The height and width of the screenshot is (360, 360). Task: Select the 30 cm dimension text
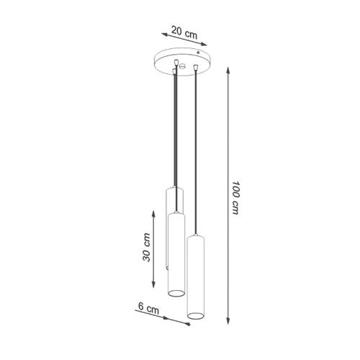[x=147, y=246]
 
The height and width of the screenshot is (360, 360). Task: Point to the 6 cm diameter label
[x=148, y=307]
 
